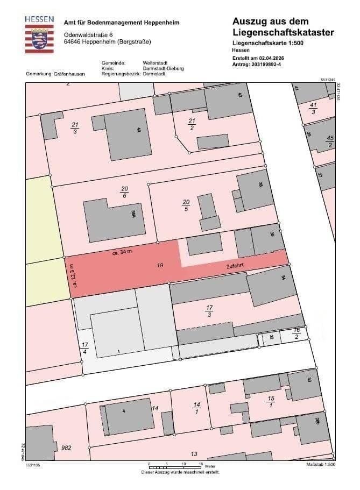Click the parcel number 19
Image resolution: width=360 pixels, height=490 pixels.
coord(159,265)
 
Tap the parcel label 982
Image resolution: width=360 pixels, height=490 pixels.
coord(67,448)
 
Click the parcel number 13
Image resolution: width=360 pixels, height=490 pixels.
coord(194,453)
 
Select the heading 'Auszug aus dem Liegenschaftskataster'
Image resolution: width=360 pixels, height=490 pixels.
coord(283,27)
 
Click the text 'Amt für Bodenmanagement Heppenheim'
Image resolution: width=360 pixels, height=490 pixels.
coord(122,23)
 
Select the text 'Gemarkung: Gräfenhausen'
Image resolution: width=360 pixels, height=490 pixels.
coord(55,74)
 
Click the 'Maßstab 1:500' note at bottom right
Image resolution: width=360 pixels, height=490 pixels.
coord(321,464)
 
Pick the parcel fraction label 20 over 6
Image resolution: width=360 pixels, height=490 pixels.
coord(124,193)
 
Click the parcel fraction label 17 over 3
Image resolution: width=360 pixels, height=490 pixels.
coord(210,311)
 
